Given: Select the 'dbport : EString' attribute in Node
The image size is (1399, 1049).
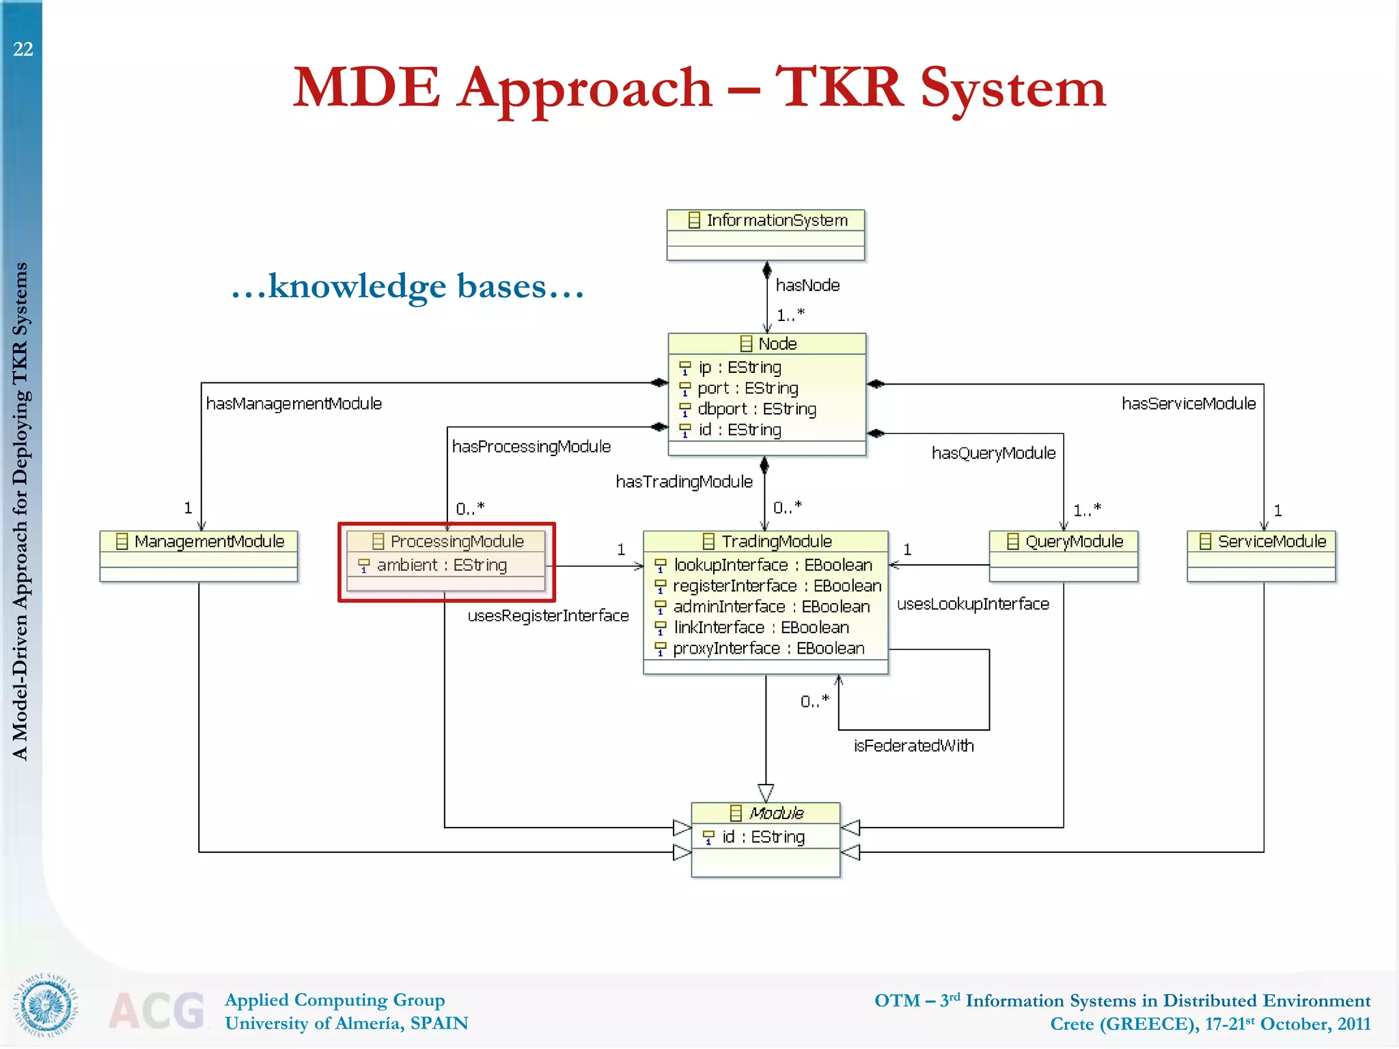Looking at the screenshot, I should coord(756,409).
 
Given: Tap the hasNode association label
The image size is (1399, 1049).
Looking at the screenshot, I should coord(807,285).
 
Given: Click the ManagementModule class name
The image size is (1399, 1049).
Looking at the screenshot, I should coord(208,542).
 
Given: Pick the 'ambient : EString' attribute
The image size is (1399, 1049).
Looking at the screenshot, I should coord(441,565).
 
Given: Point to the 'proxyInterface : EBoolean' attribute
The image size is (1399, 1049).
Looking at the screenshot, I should coord(768,648).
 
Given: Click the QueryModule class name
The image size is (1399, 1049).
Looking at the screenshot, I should coord(1073,542).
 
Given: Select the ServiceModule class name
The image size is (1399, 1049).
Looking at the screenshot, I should coord(1271,542).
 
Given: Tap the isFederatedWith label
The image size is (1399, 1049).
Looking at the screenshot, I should coord(913,746).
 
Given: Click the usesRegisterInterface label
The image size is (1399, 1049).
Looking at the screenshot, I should coord(548,616).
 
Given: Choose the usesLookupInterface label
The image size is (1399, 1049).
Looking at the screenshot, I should coord(972,604).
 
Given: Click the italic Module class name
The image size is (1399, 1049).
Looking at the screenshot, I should coord(776,813).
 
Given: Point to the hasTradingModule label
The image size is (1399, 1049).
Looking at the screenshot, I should coord(684,482).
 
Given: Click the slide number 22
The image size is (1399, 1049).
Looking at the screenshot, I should coord(23,49).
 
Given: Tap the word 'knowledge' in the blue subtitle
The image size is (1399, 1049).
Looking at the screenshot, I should coord(357,287).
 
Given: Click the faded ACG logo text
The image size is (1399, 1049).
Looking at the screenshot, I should coord(156,1011).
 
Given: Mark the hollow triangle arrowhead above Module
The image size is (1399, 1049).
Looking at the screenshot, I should coord(766,793).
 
